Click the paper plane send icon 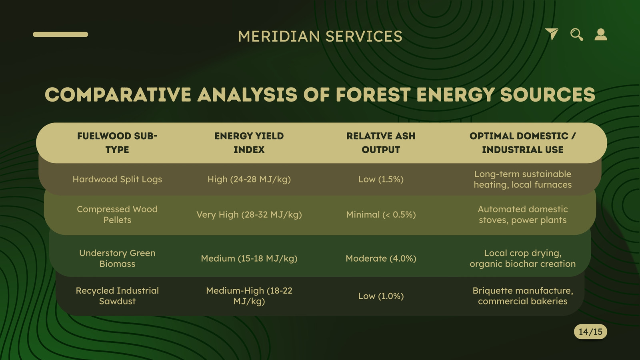(552, 34)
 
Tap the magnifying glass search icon (576, 34)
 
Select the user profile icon (601, 34)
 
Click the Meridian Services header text (320, 36)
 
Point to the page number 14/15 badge (590, 332)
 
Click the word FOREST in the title (373, 94)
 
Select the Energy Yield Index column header (249, 143)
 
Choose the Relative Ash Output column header (381, 143)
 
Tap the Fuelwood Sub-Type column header (117, 143)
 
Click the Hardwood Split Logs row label (117, 179)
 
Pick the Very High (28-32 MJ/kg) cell (249, 214)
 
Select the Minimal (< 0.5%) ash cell (381, 214)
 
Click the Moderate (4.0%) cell (381, 258)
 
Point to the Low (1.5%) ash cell (381, 179)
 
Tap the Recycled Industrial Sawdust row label (117, 296)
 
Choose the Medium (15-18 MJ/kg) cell (249, 258)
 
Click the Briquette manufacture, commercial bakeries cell (522, 296)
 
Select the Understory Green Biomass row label (117, 258)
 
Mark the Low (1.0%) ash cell (381, 296)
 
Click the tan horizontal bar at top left (60, 34)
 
